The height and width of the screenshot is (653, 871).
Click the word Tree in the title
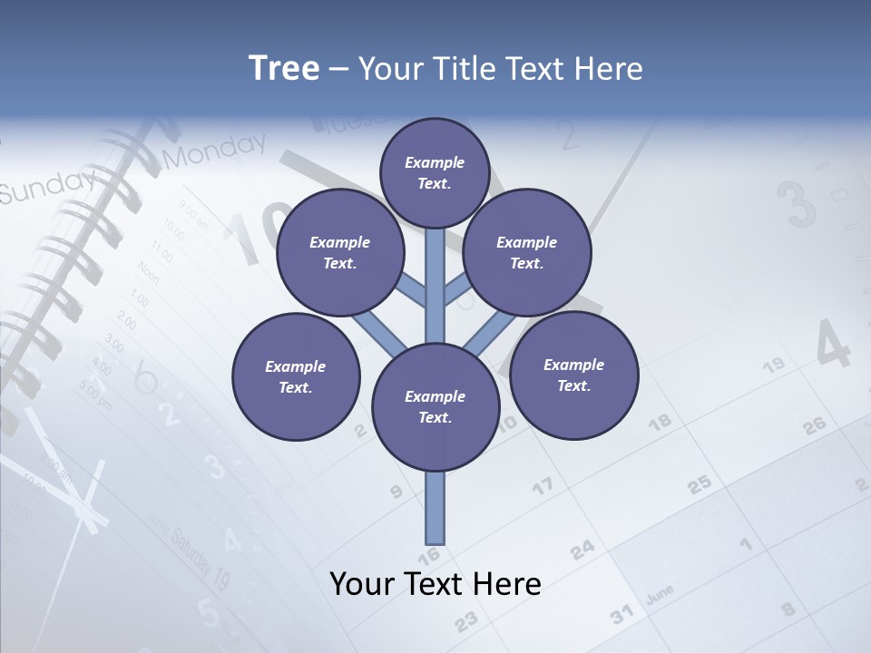[284, 69]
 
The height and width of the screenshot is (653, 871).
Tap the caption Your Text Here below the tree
[435, 584]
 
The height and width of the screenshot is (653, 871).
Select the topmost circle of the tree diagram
[435, 172]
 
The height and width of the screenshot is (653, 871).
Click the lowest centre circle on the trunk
[435, 407]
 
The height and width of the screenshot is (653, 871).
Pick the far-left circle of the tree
[296, 376]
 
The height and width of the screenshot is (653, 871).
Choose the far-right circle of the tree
[573, 375]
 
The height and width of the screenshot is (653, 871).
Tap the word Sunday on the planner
[45, 186]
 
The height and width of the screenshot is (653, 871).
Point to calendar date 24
[582, 549]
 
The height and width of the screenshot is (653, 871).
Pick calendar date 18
[661, 422]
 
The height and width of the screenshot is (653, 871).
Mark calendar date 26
[814, 424]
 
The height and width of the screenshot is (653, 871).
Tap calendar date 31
[621, 616]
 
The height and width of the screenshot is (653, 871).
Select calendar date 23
[465, 621]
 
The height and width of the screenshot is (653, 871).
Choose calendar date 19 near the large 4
[773, 365]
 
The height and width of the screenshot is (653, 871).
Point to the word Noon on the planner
[147, 271]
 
